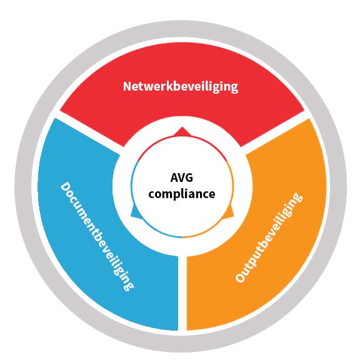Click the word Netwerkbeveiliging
coord(181,87)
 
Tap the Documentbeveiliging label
coord(97,236)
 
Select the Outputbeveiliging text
coord(269,237)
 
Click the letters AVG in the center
coord(182,177)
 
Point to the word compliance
coord(182,194)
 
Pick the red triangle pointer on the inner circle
coord(182,132)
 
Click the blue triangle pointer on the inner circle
coord(136,212)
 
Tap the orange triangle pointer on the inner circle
coord(229,212)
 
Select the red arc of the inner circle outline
coord(182,136)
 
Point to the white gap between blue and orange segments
coord(182,294)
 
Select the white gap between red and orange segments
coord(276,132)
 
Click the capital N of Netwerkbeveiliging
coord(127,86)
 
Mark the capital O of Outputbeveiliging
coord(241,277)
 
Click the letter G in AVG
coord(189,177)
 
